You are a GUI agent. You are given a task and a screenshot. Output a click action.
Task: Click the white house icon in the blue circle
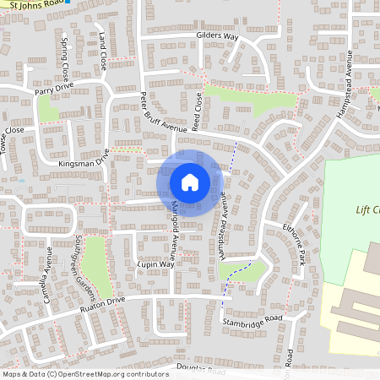190,182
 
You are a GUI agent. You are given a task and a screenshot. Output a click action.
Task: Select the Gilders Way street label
217,38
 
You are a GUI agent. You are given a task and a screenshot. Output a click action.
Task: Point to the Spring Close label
64,54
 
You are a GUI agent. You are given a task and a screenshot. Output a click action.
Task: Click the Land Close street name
103,51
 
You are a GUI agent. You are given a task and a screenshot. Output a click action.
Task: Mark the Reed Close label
197,111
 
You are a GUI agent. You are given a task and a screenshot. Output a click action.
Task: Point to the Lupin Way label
155,264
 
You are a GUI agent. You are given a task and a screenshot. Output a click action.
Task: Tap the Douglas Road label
201,370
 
